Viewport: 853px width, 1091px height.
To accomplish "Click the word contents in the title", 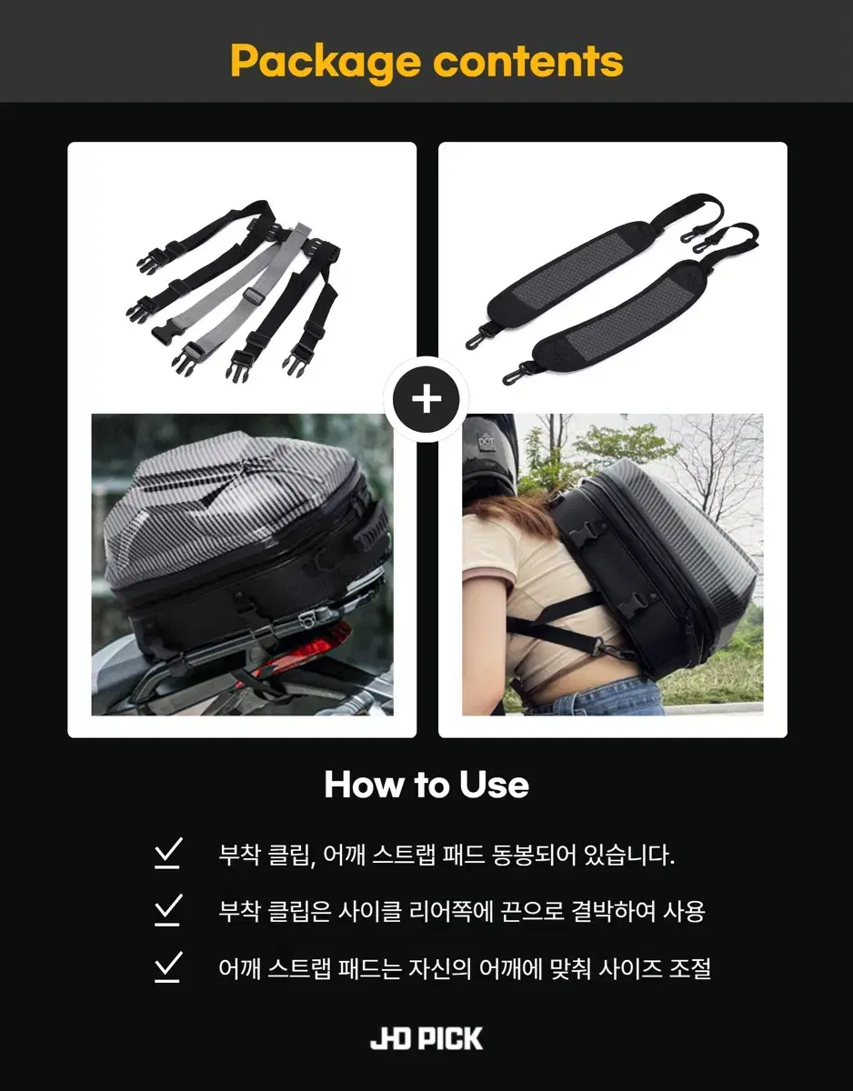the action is [528, 61].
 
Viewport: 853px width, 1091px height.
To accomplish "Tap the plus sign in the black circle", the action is [426, 400].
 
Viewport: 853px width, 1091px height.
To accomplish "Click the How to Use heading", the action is [426, 785].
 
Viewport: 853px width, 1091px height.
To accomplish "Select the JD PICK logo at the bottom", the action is [426, 1038].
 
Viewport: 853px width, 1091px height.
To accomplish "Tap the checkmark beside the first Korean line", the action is [168, 853].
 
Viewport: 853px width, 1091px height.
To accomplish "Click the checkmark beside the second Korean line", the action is [168, 909].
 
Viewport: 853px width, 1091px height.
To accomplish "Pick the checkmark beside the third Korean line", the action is [168, 966].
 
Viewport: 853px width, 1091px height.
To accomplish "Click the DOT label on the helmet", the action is [486, 442].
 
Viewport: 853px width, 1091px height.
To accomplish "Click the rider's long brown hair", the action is [512, 507].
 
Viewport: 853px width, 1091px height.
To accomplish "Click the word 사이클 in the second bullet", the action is [369, 911].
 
